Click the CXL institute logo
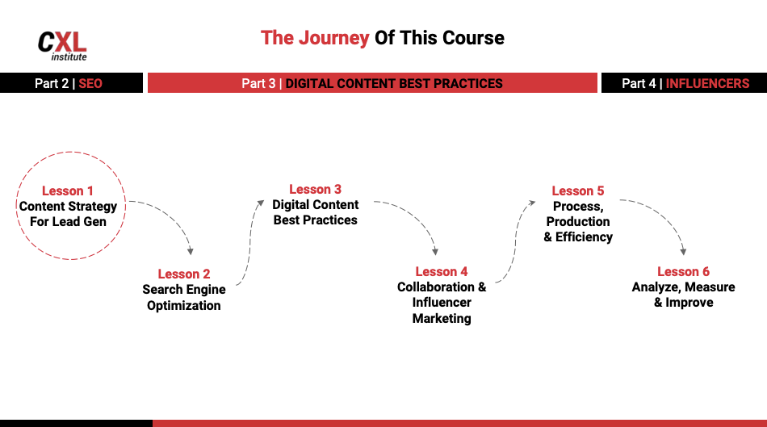point(62,45)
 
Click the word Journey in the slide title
point(333,38)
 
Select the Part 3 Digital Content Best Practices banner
point(372,83)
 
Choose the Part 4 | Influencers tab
point(685,83)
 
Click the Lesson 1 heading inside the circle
point(68,191)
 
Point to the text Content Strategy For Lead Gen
point(68,214)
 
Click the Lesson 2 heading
point(184,274)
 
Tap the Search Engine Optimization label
point(184,298)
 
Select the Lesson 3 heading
point(315,190)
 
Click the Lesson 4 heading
point(442,272)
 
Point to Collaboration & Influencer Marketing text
point(442,303)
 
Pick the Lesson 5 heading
point(578,191)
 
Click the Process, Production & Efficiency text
point(578,222)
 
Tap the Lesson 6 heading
point(683,272)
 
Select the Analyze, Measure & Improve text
point(683,295)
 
